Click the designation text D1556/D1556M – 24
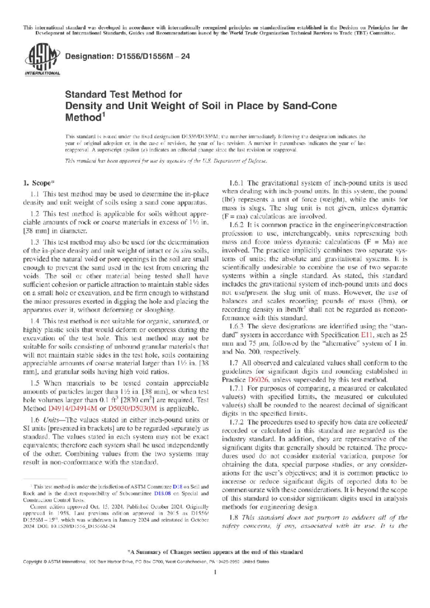pos(127,56)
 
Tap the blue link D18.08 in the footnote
pos(162,493)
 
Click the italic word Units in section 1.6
pos(51,420)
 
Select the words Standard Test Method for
pos(124,95)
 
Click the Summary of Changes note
pos(215,552)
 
